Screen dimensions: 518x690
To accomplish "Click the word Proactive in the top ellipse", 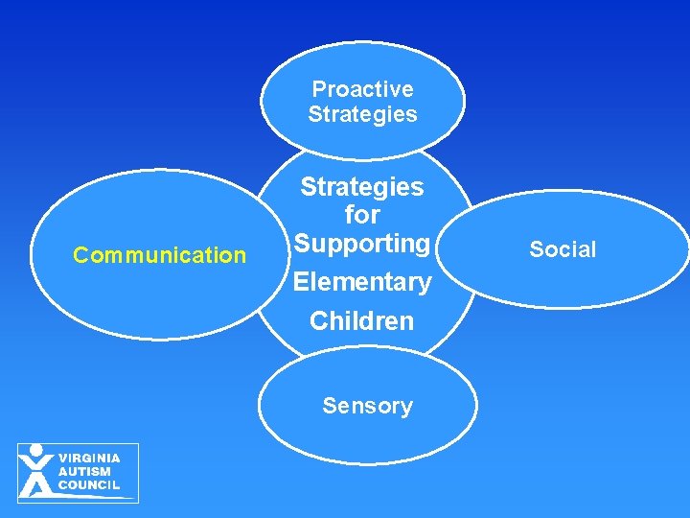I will click(362, 89).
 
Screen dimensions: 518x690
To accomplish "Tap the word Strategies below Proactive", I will click(362, 114).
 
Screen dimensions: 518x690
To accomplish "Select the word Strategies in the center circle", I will click(362, 186).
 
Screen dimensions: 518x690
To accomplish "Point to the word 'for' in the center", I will click(362, 214).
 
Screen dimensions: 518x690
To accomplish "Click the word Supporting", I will click(362, 244).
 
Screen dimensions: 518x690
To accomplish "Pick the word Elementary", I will click(362, 282).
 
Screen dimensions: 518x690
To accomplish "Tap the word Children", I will click(362, 320).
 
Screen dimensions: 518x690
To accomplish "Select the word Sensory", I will click(367, 406).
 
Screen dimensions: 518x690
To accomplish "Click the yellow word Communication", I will click(160, 255).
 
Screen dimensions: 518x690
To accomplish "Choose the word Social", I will click(563, 249).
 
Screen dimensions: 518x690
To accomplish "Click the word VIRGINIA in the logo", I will click(89, 459).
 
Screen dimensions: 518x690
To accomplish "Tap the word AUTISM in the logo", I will click(84, 472).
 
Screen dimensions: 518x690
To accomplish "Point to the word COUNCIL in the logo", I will click(89, 485).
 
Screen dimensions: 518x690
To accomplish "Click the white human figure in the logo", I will click(36, 475).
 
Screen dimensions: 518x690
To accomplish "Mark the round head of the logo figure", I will click(36, 450).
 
